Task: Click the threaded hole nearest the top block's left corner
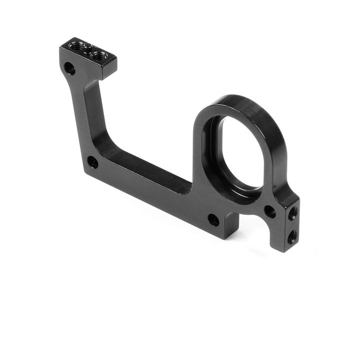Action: coord(76,46)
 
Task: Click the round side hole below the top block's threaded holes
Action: coord(70,68)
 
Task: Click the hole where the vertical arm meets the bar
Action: coord(92,162)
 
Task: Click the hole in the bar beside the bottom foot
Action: coord(213,219)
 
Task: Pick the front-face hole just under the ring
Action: coord(269,211)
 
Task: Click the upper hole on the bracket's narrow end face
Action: coord(292,213)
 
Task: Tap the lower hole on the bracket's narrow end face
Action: coord(291,234)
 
